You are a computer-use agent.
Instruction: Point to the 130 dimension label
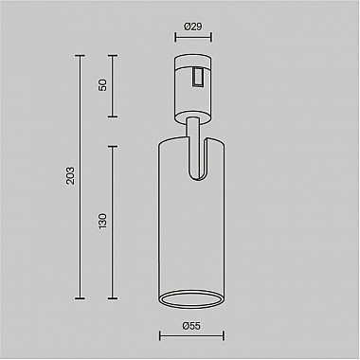103,224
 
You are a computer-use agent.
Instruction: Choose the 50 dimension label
103,84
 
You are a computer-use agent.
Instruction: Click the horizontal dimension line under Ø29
191,39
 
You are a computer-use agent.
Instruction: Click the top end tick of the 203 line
78,57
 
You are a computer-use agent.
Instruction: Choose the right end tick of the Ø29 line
208,39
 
